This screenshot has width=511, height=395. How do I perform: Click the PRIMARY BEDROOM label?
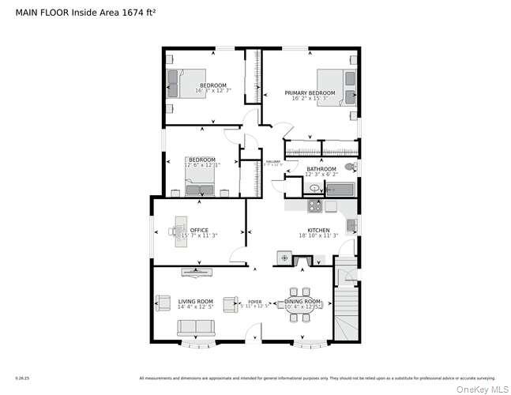(310, 93)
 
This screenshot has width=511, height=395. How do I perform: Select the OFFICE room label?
(199, 230)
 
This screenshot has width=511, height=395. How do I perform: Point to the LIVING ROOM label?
(195, 301)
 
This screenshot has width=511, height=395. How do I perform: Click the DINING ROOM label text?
(302, 301)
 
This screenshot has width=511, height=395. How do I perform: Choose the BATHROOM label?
(321, 169)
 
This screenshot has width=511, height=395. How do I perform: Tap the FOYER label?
(254, 302)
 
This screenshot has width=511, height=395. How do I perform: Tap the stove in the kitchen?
(314, 205)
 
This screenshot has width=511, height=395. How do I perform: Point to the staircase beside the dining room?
(346, 313)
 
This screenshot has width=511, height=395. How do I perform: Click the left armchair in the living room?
(162, 303)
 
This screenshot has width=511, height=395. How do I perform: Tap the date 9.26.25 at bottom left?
(21, 378)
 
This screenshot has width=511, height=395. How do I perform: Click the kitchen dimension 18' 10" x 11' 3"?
(318, 235)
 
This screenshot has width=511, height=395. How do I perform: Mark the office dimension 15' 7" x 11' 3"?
(200, 235)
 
